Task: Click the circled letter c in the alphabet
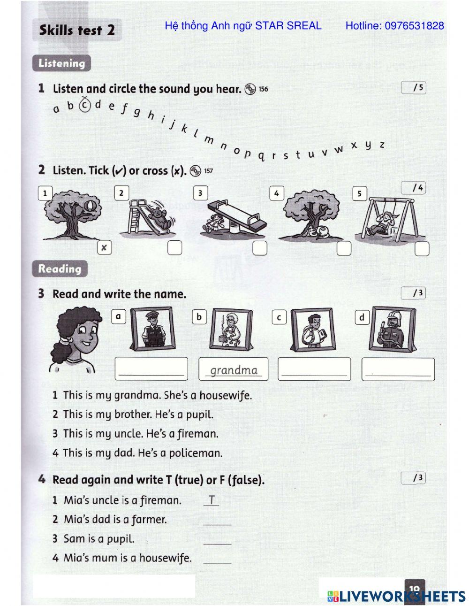[84, 105]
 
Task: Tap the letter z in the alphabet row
[382, 145]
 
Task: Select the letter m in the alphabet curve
[208, 140]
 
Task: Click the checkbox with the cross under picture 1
[104, 247]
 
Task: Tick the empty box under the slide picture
[174, 247]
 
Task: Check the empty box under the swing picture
[422, 248]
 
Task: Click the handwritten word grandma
[234, 370]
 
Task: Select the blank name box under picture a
[151, 368]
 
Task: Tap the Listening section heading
[61, 63]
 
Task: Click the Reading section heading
[60, 269]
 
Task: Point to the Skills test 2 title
[77, 31]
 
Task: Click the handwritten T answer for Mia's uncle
[212, 500]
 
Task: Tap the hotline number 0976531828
[414, 26]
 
